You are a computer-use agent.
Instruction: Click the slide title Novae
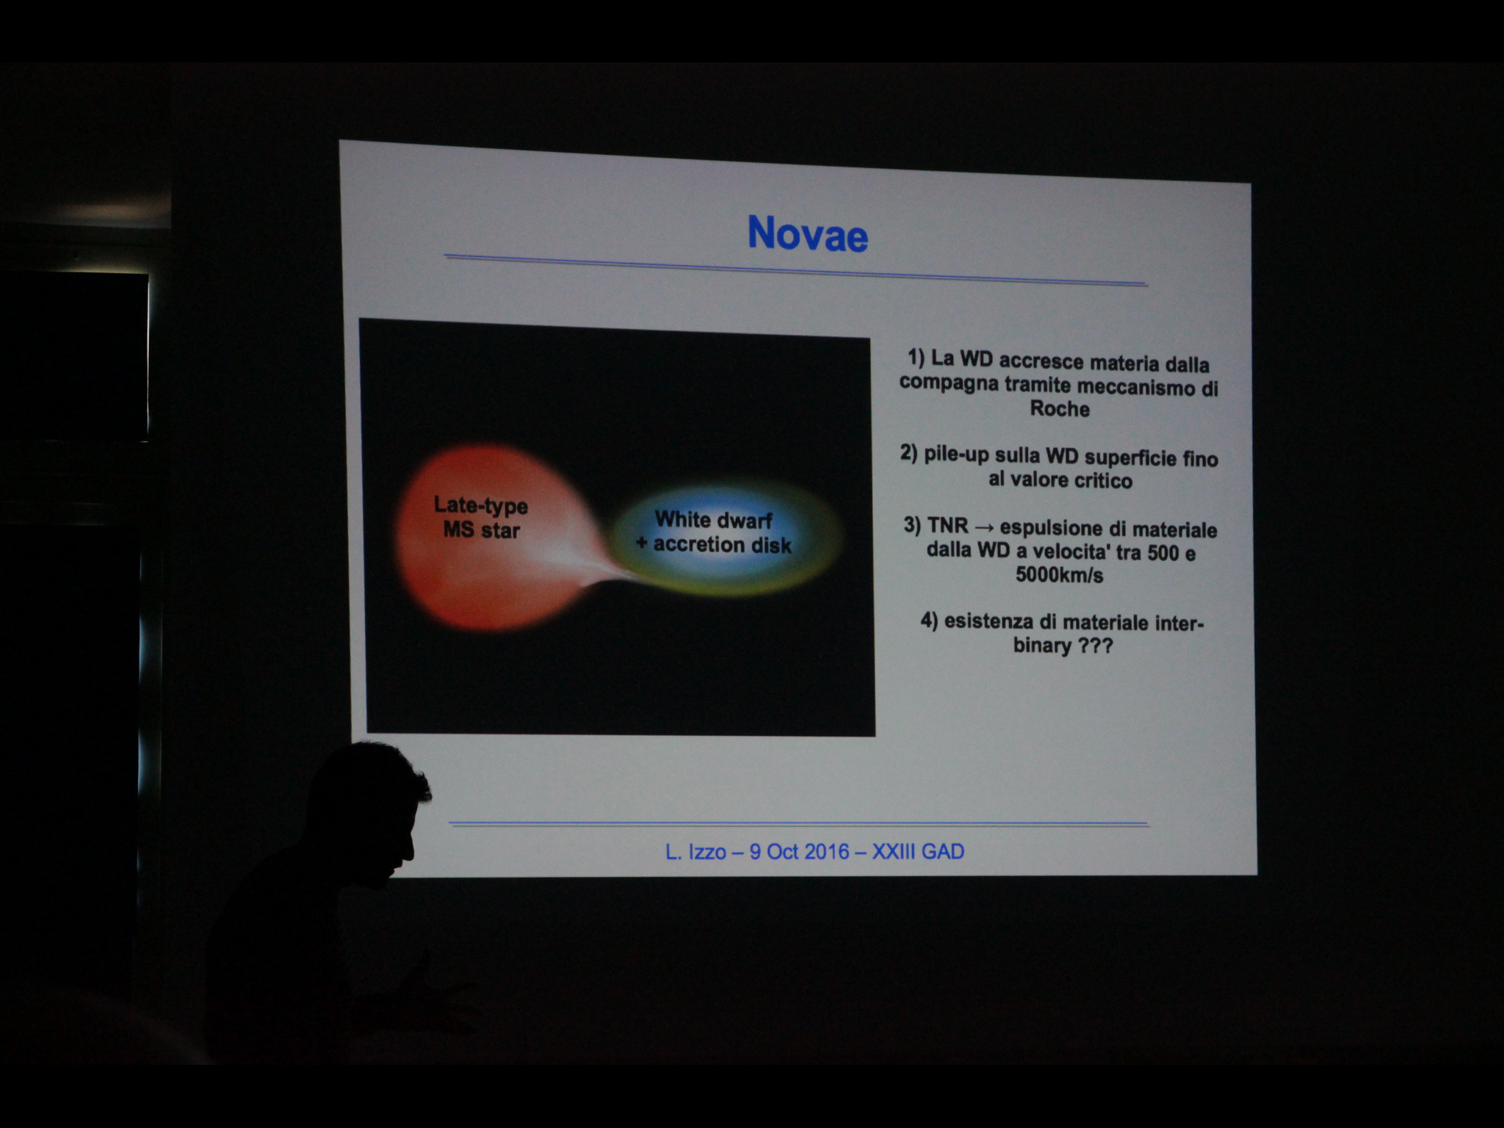[808, 234]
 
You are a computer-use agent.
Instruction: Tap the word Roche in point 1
[1060, 409]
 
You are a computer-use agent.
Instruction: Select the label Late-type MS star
[481, 518]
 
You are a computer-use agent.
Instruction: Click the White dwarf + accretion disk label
[714, 532]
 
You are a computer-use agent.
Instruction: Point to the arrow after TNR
[985, 527]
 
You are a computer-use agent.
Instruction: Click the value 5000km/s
[1060, 575]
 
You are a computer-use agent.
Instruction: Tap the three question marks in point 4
[1095, 646]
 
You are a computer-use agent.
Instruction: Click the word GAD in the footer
[943, 852]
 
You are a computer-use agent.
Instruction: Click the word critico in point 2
[1104, 481]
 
